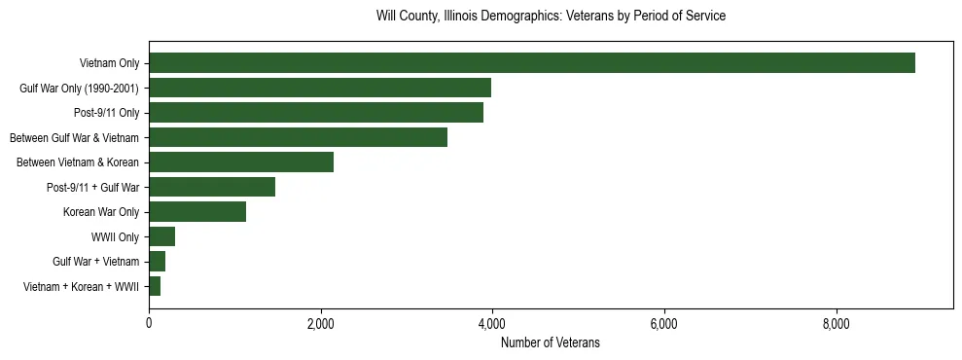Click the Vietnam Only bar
point(531,63)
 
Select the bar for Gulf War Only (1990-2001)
point(320,89)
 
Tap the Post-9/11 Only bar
point(316,113)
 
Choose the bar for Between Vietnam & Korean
point(241,162)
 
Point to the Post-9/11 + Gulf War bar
point(212,188)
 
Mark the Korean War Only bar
point(197,212)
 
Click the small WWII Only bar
point(162,236)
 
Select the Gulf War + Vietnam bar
point(158,262)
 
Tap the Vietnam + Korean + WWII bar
point(155,286)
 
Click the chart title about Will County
point(551,17)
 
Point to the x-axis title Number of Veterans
point(551,343)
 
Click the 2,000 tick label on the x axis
point(320,324)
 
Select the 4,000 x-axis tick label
point(492,324)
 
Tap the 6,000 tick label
point(664,324)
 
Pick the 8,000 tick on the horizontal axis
point(836,324)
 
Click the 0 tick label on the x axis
point(149,324)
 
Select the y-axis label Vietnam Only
point(109,63)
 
